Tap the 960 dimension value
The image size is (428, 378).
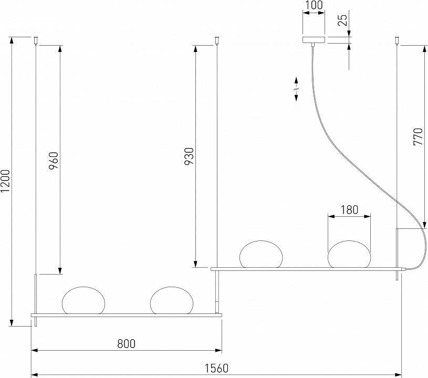(x=54, y=160)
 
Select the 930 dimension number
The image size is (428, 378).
(x=190, y=156)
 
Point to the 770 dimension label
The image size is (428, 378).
(x=418, y=137)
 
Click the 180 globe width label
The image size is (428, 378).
(x=349, y=210)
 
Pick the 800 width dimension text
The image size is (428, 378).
(x=126, y=344)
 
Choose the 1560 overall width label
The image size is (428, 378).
(x=216, y=368)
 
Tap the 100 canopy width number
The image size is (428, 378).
(x=314, y=7)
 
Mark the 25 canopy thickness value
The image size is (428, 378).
(x=342, y=21)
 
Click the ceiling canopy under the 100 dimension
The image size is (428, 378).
(x=314, y=40)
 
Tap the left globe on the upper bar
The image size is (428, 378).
(x=261, y=254)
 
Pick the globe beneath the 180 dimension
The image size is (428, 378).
(x=349, y=254)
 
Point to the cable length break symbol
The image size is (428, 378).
(x=296, y=89)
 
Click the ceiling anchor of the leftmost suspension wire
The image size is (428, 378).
(x=36, y=39)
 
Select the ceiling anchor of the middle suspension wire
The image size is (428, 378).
(x=217, y=39)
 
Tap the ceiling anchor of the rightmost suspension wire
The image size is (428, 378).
(x=398, y=39)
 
